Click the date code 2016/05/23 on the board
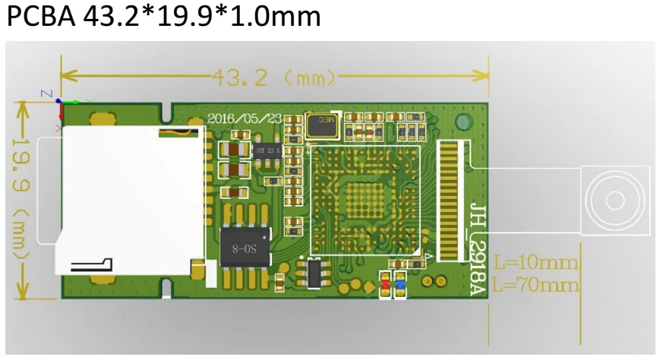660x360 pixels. pos(245,119)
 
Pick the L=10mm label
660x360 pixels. pos(535,264)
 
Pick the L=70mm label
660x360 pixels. pos(535,285)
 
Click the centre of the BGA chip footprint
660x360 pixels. pos(365,199)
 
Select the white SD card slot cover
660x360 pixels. pos(129,199)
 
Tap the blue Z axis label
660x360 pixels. pos(47,93)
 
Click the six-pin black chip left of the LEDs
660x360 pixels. pos(313,273)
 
